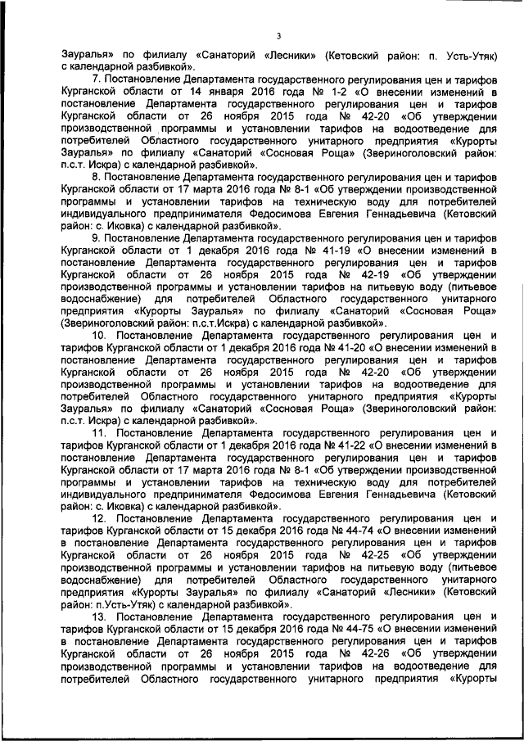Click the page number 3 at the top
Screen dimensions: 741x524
coord(278,35)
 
